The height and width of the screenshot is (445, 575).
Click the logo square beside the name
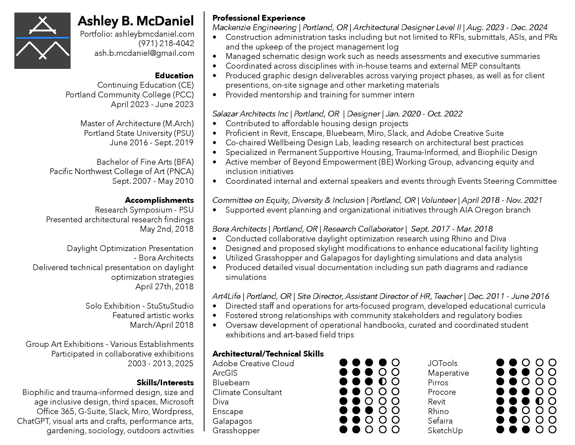coord(42,41)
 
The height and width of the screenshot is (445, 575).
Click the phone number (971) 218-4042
coord(166,43)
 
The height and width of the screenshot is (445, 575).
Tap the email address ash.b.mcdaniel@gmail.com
coord(144,53)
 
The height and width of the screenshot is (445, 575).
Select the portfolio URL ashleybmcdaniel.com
coord(154,34)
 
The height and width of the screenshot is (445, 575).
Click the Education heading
coord(174,76)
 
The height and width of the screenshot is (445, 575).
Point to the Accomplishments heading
coord(159,200)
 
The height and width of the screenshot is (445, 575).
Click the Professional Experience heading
coord(259,18)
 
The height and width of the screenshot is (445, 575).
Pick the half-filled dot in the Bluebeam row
coord(382,381)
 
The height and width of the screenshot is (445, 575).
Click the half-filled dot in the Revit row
coord(539,401)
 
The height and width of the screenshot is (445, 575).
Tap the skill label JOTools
coord(442,363)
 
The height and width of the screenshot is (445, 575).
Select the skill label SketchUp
coord(445,430)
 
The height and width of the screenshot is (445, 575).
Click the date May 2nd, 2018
coord(167,229)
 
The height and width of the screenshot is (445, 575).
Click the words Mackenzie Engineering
coord(254,27)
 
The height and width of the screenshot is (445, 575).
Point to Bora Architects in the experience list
coord(239,229)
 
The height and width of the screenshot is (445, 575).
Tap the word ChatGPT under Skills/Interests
coord(33,421)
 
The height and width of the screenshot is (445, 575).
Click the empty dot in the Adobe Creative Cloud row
coord(395,363)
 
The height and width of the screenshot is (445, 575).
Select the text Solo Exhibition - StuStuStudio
coord(140,306)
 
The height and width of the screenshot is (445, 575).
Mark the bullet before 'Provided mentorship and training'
coord(215,95)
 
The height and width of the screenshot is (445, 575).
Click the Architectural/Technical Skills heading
coord(268,354)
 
